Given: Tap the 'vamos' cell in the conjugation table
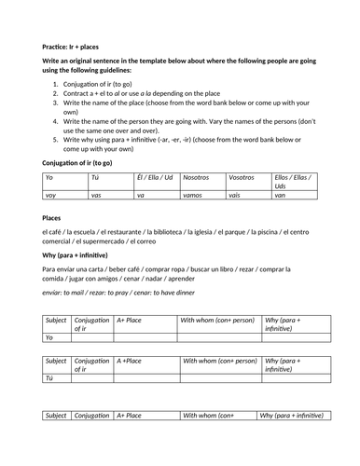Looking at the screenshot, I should click(196, 195).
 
